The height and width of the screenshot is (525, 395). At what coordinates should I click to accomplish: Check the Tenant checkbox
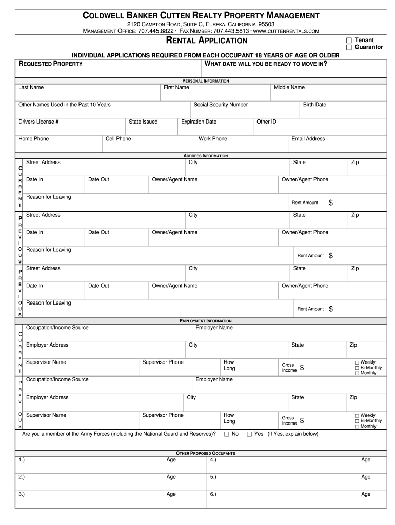[349, 40]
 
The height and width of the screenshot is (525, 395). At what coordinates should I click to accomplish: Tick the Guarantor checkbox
[349, 47]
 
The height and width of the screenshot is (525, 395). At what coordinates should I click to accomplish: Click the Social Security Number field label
[221, 105]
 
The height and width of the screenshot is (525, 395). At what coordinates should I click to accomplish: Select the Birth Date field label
[314, 105]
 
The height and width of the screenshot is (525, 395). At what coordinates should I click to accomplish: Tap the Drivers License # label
[38, 122]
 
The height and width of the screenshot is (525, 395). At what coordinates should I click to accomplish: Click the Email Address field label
[308, 139]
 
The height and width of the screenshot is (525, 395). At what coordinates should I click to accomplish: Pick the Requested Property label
[50, 64]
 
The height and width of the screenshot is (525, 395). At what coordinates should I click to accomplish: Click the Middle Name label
[289, 88]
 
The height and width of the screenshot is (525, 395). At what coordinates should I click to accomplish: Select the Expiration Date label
[199, 122]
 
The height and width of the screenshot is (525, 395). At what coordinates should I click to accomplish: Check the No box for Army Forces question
[227, 434]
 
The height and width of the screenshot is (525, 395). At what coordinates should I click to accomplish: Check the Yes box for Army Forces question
[249, 434]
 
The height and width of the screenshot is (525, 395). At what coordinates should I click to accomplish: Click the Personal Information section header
[206, 81]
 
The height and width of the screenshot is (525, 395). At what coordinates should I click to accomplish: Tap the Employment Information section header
[206, 321]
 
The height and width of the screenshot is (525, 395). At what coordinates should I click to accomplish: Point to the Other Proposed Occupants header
[206, 454]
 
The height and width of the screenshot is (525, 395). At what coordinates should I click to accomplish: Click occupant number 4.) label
[212, 460]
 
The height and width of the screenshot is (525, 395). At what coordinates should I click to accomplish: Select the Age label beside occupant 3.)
[171, 494]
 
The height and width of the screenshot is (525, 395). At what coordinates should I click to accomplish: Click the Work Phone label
[213, 139]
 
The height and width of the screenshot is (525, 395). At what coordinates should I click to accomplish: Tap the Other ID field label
[266, 122]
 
